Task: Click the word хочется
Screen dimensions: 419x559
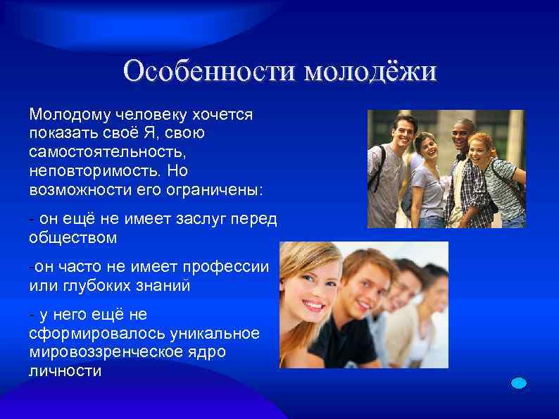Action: point(224,114)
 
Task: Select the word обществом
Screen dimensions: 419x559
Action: point(73,238)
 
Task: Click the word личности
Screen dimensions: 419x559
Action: point(65,371)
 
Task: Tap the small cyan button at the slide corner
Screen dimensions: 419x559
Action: point(518,382)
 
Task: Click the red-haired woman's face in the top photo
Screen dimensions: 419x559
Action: point(480,150)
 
